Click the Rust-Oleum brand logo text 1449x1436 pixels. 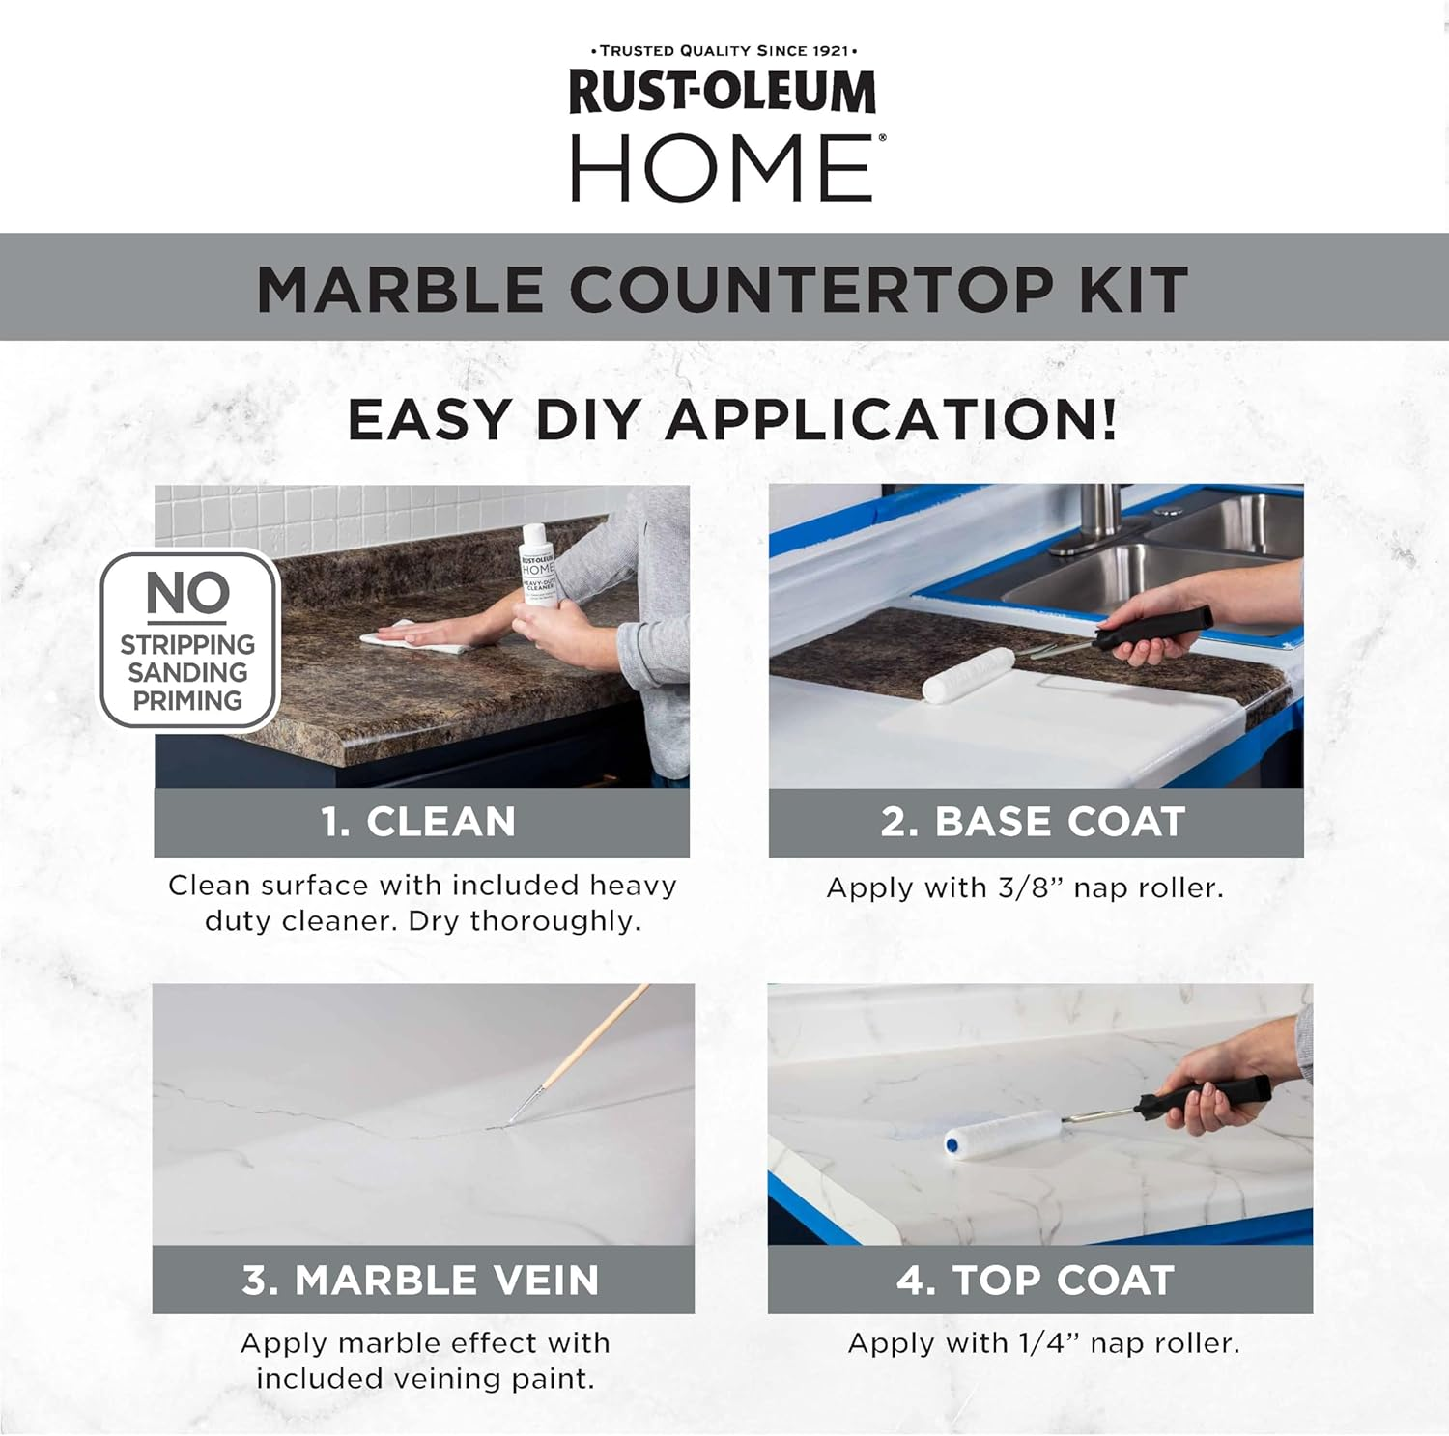[723, 93]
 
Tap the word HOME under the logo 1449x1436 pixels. [723, 168]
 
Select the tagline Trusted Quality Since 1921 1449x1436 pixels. [724, 50]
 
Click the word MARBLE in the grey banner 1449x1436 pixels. [400, 289]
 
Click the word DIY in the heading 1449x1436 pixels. [588, 420]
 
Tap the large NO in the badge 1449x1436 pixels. [188, 593]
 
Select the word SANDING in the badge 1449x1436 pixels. [188, 672]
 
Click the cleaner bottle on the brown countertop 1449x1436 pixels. [537, 565]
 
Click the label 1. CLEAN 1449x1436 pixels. [419, 822]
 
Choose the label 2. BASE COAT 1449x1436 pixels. [1034, 822]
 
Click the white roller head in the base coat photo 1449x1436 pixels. [969, 674]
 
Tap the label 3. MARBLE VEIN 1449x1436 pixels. [421, 1281]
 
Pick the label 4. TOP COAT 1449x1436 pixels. [1036, 1281]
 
